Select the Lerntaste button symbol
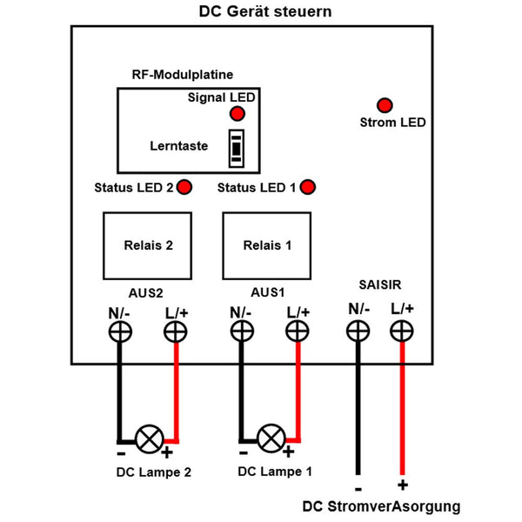coord(235,148)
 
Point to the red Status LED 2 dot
coord(184,187)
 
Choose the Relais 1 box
coord(268,244)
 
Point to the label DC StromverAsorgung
coord(381,507)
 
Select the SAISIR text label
coord(380,284)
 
